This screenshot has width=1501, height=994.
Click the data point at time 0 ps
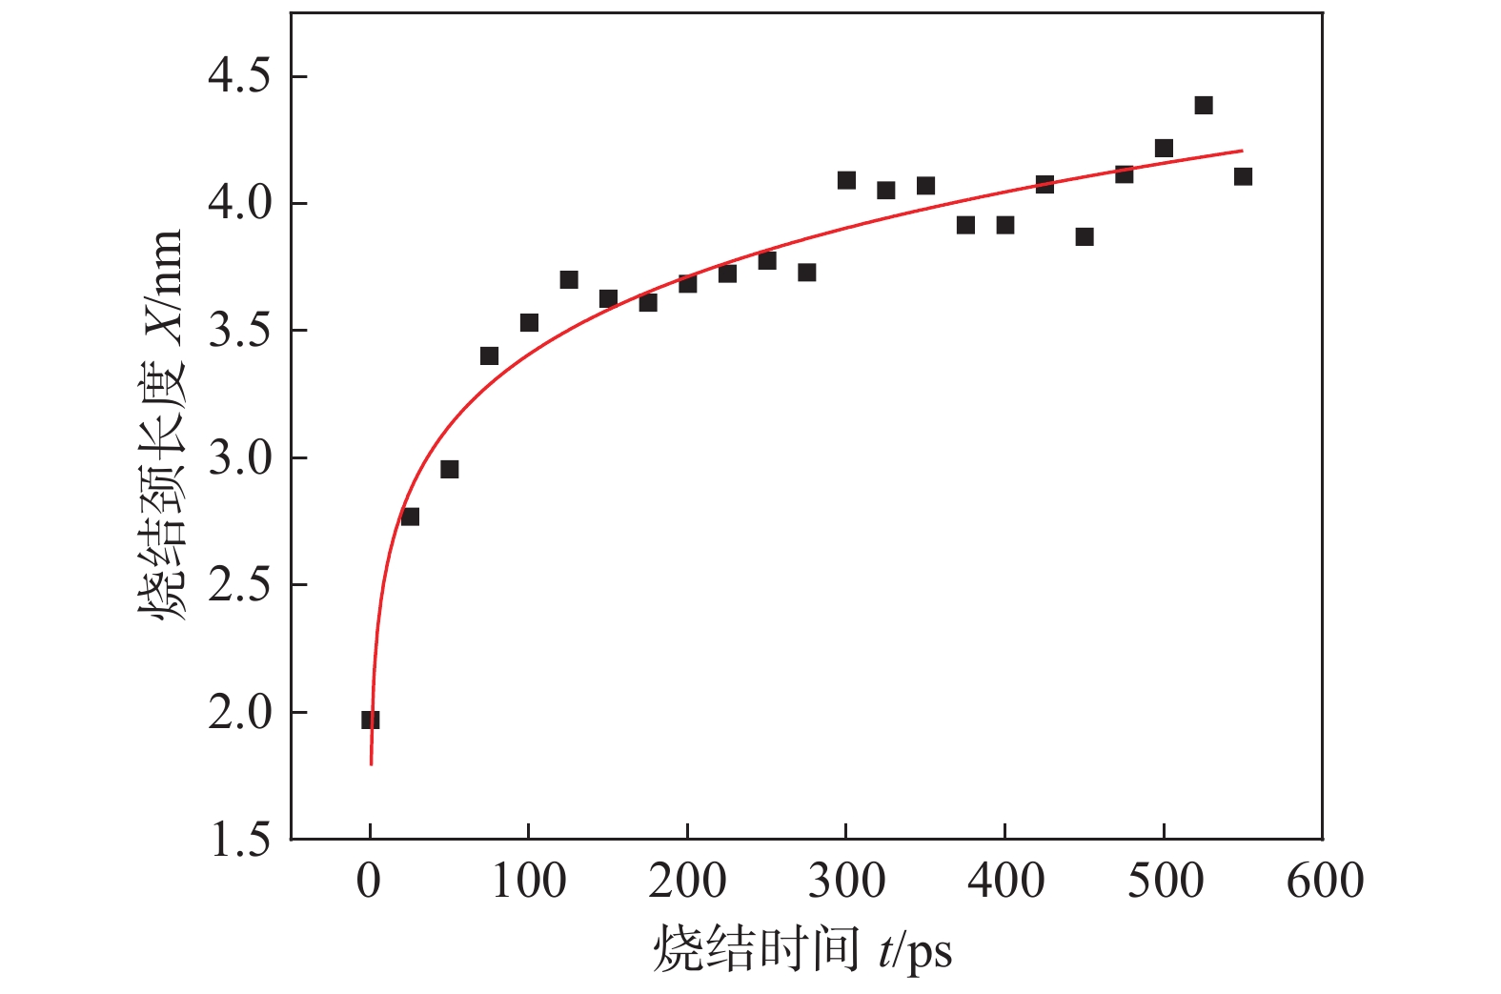click(370, 720)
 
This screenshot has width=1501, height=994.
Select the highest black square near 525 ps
click(1203, 105)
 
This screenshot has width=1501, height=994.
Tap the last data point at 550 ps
click(1243, 176)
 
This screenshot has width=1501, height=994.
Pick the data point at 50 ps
click(449, 469)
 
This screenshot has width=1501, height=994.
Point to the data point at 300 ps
click(846, 180)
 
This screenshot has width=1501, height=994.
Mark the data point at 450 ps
click(1084, 236)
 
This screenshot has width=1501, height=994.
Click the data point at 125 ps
click(569, 279)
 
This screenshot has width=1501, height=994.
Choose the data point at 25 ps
click(410, 517)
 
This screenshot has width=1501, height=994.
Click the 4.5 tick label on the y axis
click(239, 76)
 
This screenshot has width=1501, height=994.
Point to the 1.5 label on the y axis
click(239, 840)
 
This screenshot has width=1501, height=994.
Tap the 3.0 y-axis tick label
click(239, 458)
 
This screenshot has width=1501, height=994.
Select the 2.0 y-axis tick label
click(239, 712)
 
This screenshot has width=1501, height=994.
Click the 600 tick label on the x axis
click(1324, 881)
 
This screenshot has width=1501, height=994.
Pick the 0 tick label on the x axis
click(370, 881)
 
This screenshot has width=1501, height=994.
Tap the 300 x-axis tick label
click(846, 881)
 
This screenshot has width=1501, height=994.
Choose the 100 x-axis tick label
click(529, 881)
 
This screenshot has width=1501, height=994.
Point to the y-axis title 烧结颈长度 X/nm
click(160, 426)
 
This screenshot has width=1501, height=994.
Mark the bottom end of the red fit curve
click(371, 763)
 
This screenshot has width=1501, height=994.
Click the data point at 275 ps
click(806, 273)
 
